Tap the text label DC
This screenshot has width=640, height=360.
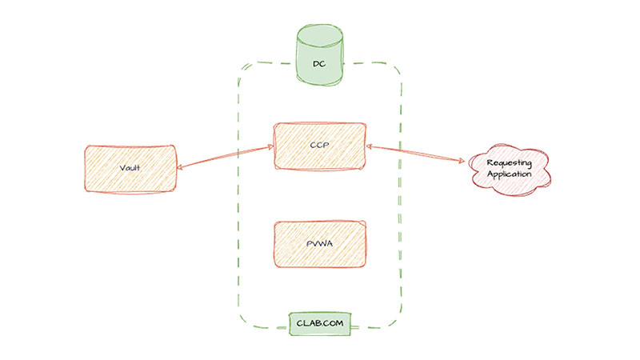coord(319,62)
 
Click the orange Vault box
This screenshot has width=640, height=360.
coord(130,168)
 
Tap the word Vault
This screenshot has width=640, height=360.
coord(130,169)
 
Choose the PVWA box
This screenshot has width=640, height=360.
coord(320,243)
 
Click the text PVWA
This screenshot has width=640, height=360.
coord(320,244)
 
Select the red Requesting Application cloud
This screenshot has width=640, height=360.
coord(510,169)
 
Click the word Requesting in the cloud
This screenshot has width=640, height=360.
coord(510,162)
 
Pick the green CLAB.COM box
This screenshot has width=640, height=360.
coord(320,324)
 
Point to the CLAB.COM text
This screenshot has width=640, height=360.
coord(320,325)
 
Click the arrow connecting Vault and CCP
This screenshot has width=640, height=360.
coord(224,157)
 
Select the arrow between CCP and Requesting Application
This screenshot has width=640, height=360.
coord(416,154)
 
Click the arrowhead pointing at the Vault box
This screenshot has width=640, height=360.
coord(181,166)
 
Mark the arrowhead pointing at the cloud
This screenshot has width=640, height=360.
coord(463,162)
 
